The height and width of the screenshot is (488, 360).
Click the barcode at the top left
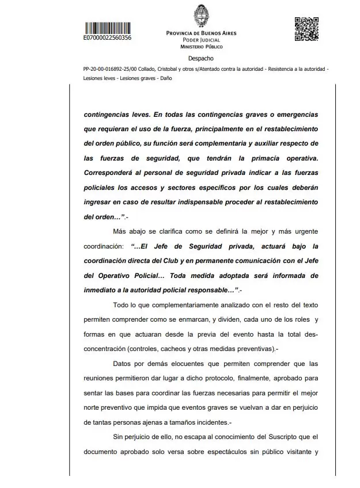[x=107, y=27]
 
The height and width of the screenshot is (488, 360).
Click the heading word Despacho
[x=200, y=59]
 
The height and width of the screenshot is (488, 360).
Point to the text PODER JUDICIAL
[x=201, y=40]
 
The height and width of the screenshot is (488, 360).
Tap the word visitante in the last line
[x=297, y=452]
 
